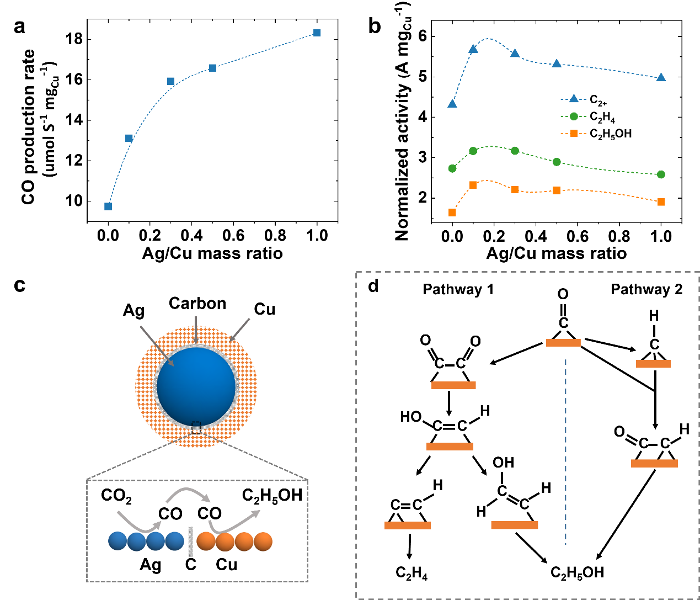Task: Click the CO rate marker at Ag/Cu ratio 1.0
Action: [317, 33]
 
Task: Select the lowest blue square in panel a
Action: [108, 206]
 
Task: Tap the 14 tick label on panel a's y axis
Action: [73, 120]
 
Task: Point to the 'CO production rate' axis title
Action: [29, 127]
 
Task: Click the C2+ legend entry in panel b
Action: [589, 99]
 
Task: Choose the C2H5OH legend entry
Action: [596, 134]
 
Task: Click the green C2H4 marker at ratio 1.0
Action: [661, 174]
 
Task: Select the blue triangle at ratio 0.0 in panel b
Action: [452, 104]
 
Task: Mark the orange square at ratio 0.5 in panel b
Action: [557, 190]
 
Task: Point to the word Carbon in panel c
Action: [197, 304]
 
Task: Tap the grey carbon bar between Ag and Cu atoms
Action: [191, 541]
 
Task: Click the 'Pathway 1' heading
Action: [458, 290]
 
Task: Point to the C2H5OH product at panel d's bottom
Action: [578, 573]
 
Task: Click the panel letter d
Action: [373, 286]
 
